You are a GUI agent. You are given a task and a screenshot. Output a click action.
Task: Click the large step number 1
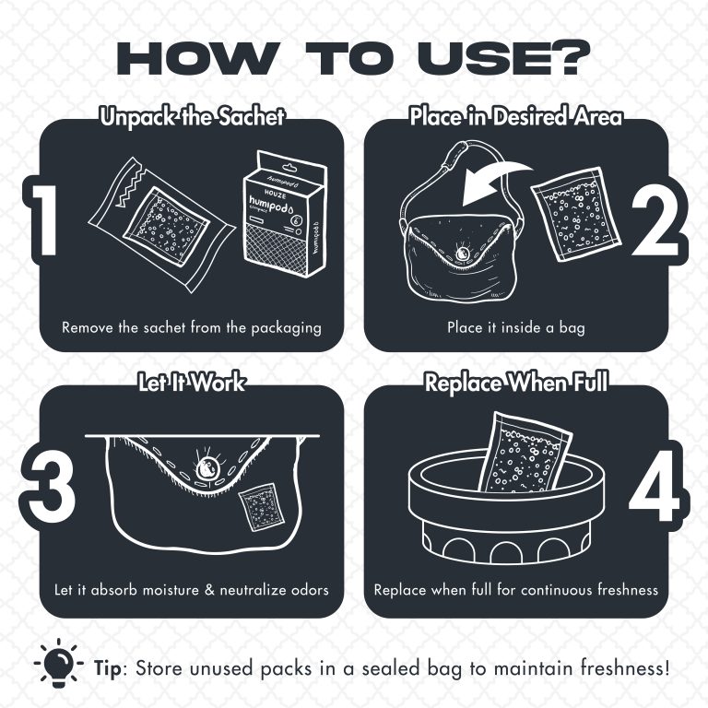click(x=45, y=220)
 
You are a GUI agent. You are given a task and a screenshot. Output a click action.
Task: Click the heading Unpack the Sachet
click(x=193, y=117)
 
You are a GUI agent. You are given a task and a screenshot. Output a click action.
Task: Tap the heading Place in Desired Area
click(x=515, y=116)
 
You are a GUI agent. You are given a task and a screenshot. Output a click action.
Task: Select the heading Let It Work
click(x=192, y=383)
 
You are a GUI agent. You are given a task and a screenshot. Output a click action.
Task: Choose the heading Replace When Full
click(x=516, y=383)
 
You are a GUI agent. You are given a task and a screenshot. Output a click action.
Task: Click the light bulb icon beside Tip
click(x=59, y=663)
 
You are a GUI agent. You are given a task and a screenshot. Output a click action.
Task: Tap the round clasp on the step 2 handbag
click(x=462, y=254)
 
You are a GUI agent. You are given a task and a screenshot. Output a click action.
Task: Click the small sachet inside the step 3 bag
click(x=262, y=507)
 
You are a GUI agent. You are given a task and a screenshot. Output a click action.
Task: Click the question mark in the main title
click(x=568, y=58)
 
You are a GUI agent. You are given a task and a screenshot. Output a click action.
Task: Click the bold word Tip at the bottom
click(x=108, y=668)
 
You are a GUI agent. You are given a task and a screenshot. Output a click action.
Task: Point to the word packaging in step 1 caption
click(x=287, y=328)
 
